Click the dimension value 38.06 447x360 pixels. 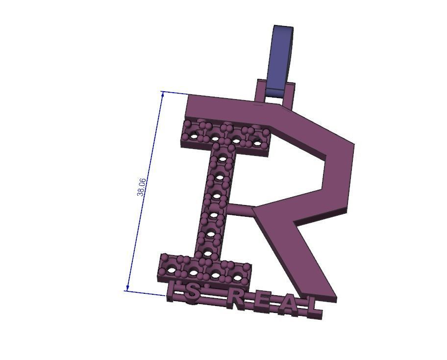coord(141,187)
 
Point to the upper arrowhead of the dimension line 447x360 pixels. coord(164,93)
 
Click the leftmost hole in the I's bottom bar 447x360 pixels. coord(171,269)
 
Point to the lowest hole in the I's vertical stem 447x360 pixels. coord(208,254)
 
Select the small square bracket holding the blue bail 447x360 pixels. coord(277,95)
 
